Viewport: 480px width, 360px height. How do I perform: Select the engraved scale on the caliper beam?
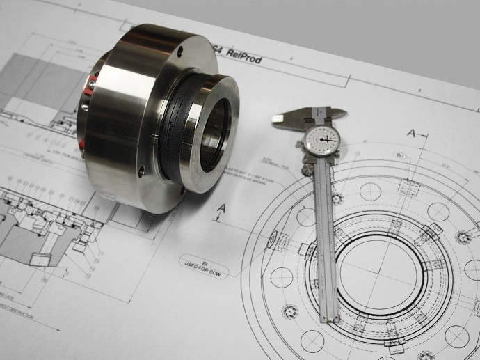point(325,237)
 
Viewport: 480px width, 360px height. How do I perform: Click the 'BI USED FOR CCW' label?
point(205,261)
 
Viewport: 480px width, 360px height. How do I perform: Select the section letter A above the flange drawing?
point(412,132)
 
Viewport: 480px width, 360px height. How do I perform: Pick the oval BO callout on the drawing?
point(400,155)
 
